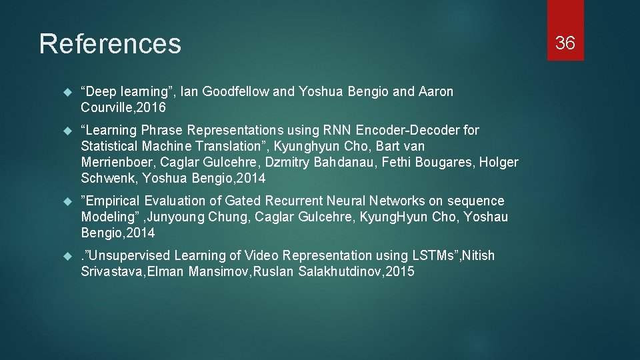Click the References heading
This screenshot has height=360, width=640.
pos(110,44)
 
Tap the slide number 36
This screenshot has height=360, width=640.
pos(565,43)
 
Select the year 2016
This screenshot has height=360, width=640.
pos(152,107)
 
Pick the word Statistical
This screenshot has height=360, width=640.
pos(109,146)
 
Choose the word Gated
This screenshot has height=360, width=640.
pos(244,201)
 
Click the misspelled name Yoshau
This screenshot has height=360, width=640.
pos(486,217)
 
